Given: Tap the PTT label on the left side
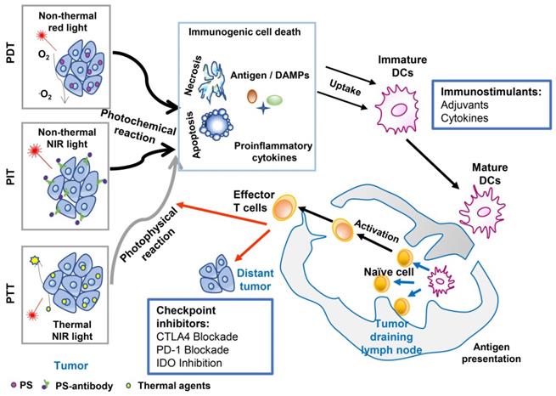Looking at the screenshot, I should tap(8, 288).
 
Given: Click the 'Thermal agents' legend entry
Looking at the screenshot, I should tap(170, 386).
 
